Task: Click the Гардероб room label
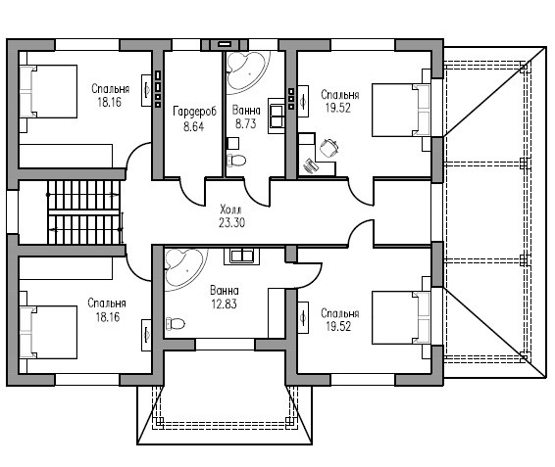pyautogui.click(x=194, y=112)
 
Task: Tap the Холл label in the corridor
pyautogui.click(x=230, y=210)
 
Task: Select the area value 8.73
pyautogui.click(x=246, y=123)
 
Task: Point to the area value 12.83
pyautogui.click(x=224, y=304)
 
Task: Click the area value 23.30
pyautogui.click(x=231, y=222)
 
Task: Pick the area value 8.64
pyautogui.click(x=193, y=126)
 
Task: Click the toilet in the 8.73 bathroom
pyautogui.click(x=236, y=161)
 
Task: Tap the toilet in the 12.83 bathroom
pyautogui.click(x=176, y=323)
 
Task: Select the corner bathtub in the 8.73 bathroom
pyautogui.click(x=247, y=72)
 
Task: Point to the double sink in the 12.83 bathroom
pyautogui.click(x=241, y=256)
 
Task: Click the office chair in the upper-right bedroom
pyautogui.click(x=329, y=148)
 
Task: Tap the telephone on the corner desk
pyautogui.click(x=311, y=165)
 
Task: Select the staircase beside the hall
pyautogui.click(x=84, y=212)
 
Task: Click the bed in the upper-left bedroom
pyautogui.click(x=48, y=91)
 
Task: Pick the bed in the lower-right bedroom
pyautogui.click(x=401, y=317)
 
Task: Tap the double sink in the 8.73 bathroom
pyautogui.click(x=277, y=116)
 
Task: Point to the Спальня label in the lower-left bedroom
pyautogui.click(x=107, y=303)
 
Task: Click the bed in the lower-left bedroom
pyautogui.click(x=48, y=332)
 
